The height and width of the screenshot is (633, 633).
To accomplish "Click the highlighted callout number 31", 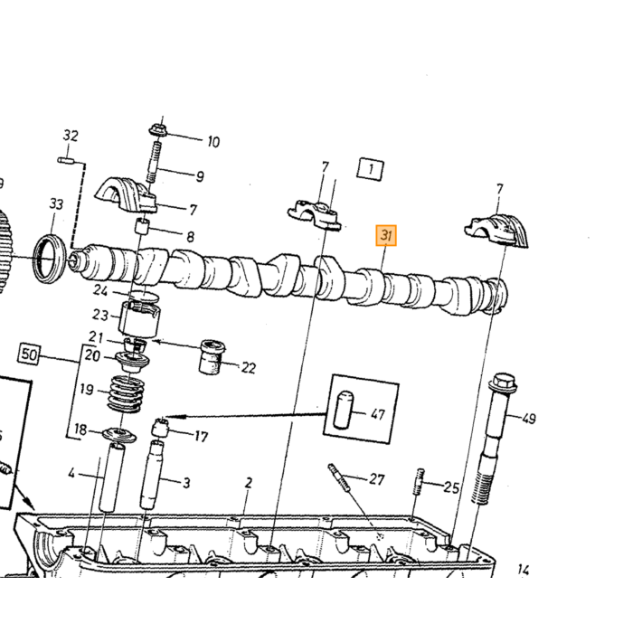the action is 386,235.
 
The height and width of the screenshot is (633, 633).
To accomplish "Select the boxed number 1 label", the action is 370,169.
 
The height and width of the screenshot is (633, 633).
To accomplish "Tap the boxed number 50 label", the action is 29,354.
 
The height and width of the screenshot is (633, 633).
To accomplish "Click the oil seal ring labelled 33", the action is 50,258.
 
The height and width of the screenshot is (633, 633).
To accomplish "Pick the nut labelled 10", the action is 157,130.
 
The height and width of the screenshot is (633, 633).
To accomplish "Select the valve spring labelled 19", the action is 125,395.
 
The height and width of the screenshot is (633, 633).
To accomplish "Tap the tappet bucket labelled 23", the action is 139,320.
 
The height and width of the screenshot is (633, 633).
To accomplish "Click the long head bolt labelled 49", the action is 492,439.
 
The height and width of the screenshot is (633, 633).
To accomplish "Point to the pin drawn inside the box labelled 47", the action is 344,410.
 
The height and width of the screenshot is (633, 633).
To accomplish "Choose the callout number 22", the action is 249,368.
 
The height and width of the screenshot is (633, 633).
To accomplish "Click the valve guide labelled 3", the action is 152,475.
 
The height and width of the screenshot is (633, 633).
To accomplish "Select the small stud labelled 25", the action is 418,481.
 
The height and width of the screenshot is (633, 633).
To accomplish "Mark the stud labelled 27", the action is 339,477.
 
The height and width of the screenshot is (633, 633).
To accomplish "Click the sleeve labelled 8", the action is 141,226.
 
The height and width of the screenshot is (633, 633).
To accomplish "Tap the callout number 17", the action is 201,437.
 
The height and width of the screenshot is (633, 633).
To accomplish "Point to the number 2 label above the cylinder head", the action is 249,483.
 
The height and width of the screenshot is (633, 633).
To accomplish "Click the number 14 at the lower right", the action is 524,570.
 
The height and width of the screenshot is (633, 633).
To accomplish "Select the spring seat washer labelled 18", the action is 119,435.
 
